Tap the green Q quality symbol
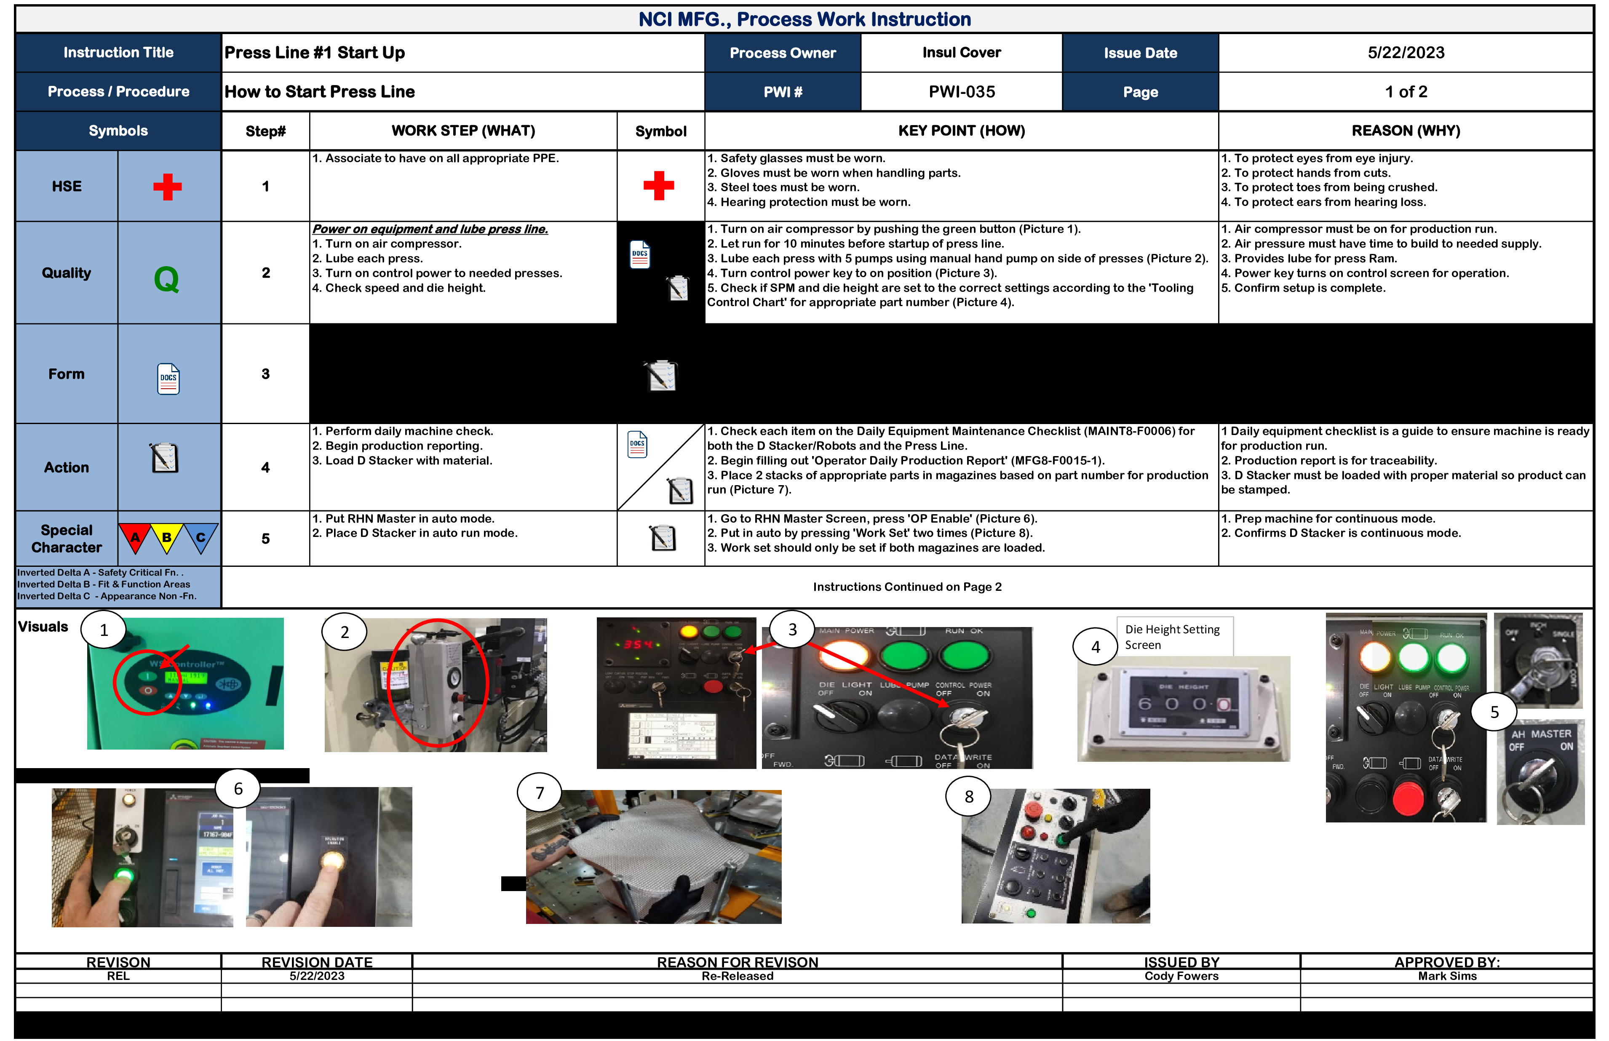[x=166, y=278]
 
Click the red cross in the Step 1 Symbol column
[x=658, y=186]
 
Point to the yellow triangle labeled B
[x=166, y=537]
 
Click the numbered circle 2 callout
[x=344, y=632]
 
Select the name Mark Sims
[x=1447, y=976]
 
